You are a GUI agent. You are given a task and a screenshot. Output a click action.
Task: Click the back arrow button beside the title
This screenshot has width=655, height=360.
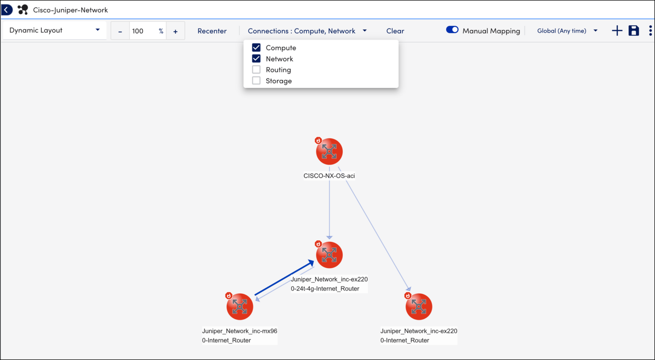click(x=7, y=10)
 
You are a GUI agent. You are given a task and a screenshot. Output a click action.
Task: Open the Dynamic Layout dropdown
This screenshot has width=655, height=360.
click(x=55, y=30)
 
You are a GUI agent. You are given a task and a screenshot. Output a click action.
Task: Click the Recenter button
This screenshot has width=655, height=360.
click(x=212, y=31)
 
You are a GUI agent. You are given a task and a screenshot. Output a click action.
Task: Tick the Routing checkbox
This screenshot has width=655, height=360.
click(x=256, y=70)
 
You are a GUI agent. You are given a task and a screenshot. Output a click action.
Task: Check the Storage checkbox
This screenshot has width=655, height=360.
click(x=256, y=81)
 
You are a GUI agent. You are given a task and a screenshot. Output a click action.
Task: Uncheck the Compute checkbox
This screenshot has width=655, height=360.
click(x=256, y=47)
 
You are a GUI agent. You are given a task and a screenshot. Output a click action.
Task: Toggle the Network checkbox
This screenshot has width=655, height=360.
click(x=256, y=58)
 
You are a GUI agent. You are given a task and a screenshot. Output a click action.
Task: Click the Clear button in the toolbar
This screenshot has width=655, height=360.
click(x=395, y=31)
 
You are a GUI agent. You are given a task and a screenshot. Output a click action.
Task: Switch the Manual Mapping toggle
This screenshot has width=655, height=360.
click(x=452, y=30)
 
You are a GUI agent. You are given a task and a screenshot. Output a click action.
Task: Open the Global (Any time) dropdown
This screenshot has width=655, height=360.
click(x=567, y=31)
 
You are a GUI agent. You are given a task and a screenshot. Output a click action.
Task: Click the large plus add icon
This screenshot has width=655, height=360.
click(x=617, y=31)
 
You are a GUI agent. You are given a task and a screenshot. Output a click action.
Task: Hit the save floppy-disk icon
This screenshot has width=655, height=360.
click(x=634, y=31)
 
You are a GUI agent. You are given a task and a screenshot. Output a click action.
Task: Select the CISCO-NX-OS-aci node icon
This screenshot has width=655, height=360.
click(x=329, y=151)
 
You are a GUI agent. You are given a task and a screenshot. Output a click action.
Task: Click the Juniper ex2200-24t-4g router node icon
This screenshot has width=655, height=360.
click(x=329, y=255)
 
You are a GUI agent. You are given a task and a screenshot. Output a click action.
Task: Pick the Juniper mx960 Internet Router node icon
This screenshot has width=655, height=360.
click(x=240, y=307)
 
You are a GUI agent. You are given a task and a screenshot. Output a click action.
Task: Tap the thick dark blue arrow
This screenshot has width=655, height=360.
click(x=284, y=278)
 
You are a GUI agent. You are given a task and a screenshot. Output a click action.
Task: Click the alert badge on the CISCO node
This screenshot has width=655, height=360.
click(x=318, y=140)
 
